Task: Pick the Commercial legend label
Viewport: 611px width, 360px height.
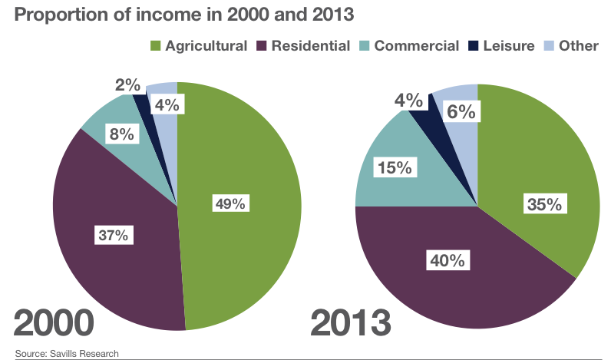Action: pos(416,46)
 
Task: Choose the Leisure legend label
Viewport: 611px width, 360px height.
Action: pos(508,46)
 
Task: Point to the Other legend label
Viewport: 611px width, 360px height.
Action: pos(578,46)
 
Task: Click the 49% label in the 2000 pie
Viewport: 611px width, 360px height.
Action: pos(230,203)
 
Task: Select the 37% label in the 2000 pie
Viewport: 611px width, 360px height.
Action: pos(113,235)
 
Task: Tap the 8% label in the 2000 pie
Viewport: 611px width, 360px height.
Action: pos(121,134)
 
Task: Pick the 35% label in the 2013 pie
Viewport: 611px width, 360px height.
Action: pos(545,204)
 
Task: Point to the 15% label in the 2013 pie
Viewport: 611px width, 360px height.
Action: pos(394,167)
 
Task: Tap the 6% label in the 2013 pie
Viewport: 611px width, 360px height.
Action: pos(461,112)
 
